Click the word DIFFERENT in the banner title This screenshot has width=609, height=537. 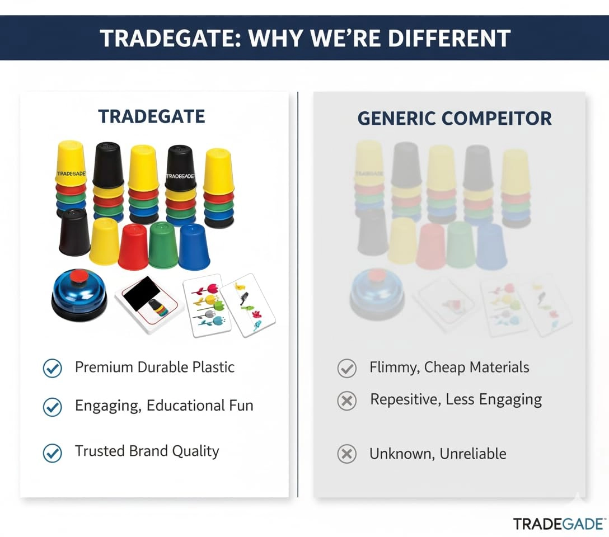(449, 38)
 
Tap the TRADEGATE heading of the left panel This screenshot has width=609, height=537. (152, 116)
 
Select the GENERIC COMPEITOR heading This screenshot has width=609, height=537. (455, 119)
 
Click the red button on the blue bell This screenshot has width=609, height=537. (79, 275)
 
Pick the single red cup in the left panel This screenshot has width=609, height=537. (133, 247)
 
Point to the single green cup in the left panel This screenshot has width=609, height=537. (163, 245)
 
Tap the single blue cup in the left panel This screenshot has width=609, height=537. (194, 247)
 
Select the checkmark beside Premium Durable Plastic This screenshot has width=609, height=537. (53, 368)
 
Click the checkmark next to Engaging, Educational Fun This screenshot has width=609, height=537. (53, 407)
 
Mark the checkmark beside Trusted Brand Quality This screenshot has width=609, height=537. (53, 453)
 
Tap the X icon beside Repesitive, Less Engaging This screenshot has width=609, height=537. (347, 401)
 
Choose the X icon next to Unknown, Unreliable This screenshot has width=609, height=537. (347, 454)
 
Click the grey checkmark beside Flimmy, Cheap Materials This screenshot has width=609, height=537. (347, 368)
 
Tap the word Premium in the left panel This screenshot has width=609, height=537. (104, 367)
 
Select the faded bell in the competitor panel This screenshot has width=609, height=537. (377, 294)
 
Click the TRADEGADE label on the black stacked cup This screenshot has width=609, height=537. (180, 177)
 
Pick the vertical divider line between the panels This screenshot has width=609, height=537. (298, 294)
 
